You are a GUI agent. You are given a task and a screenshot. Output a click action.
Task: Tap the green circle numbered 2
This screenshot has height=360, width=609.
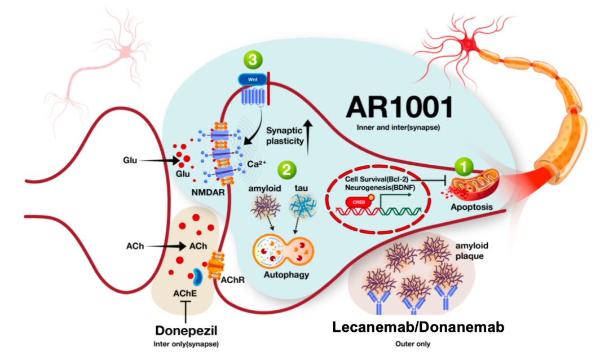coord(286,168)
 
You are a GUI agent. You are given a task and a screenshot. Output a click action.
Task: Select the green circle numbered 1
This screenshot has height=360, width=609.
coord(464,166)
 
